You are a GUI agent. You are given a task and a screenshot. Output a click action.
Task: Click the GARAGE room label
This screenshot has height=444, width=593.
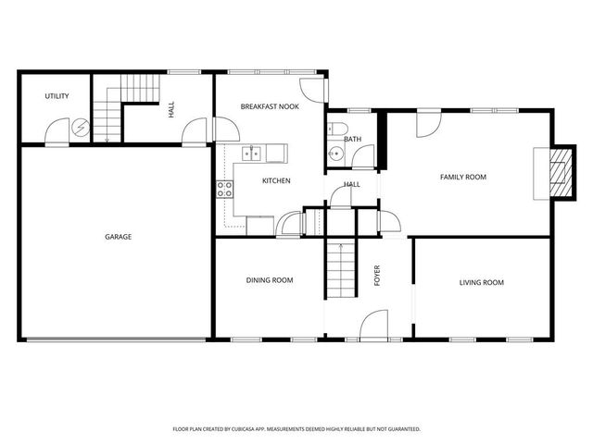click(118, 237)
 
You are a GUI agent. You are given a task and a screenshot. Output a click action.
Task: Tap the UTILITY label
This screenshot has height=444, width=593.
click(57, 96)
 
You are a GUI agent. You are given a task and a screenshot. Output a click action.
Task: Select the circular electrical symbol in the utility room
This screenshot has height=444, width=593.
click(82, 129)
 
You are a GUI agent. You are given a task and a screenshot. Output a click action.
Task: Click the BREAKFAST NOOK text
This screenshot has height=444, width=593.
click(269, 107)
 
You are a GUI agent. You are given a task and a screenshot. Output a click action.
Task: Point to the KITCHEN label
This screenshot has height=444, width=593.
click(276, 180)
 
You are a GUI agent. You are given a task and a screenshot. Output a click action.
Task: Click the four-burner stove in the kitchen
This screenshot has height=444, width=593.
click(225, 191)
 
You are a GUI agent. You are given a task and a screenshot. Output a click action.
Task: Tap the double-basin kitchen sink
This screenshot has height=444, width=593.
click(252, 153)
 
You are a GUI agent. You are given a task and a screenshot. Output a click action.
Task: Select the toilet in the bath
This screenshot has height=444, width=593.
click(336, 129)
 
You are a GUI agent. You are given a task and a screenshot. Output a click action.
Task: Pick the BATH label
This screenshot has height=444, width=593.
click(352, 140)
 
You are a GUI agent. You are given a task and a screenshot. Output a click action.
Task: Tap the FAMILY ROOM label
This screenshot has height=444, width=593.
click(462, 177)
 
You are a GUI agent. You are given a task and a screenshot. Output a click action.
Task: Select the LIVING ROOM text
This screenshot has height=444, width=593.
click(482, 282)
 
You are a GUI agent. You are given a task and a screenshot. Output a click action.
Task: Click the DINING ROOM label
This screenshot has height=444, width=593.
click(270, 279)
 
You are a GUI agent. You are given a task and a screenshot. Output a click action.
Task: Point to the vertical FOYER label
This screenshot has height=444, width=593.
click(377, 276)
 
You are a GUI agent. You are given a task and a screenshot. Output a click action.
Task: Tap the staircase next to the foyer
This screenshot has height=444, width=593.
click(341, 268)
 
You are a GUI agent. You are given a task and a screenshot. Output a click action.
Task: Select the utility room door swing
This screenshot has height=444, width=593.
click(57, 131)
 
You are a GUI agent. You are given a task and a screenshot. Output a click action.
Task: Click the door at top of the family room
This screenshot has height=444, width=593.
click(429, 124)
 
